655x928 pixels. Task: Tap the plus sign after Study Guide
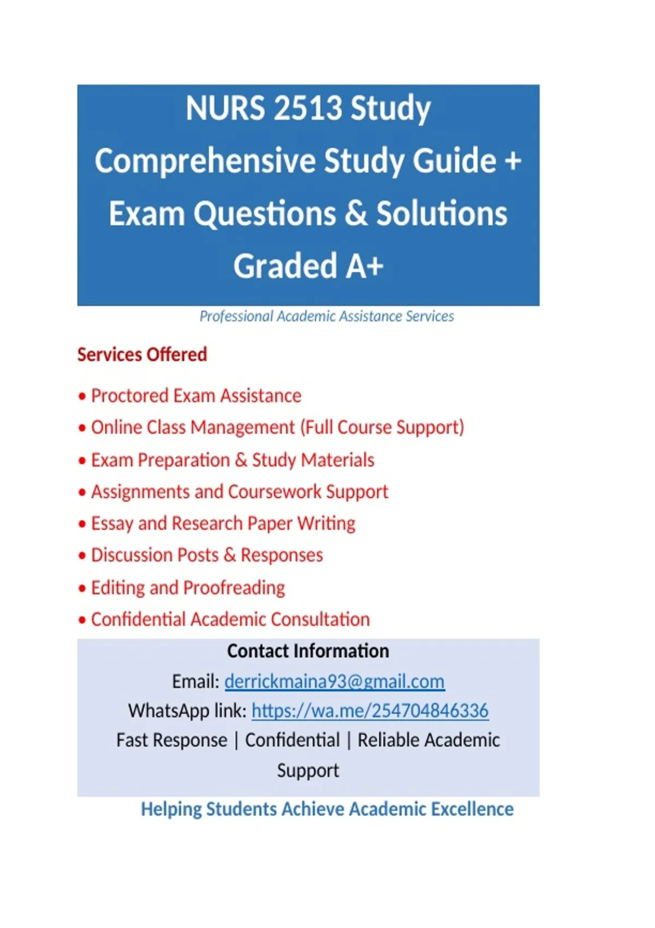pos(513,162)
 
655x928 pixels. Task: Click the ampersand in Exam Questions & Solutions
pos(356,213)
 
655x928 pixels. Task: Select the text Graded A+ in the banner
pos(308,266)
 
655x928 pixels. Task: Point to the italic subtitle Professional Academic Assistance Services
pos(326,316)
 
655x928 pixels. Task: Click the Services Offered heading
pos(142,355)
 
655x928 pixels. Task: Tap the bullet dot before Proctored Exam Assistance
pos(82,396)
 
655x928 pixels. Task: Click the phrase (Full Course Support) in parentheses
pos(382,427)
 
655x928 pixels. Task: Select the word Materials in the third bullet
pos(338,460)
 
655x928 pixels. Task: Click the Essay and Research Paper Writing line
pos(223,524)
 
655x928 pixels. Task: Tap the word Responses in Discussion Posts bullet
pos(282,555)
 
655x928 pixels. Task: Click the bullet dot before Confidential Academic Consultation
pos(82,620)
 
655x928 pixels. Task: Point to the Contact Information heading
pos(308,651)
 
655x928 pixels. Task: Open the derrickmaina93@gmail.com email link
pos(334,681)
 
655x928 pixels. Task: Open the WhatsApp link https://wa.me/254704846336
pos(370,711)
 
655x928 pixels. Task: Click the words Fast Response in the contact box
pos(171,740)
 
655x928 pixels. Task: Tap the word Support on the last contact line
pos(308,770)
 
